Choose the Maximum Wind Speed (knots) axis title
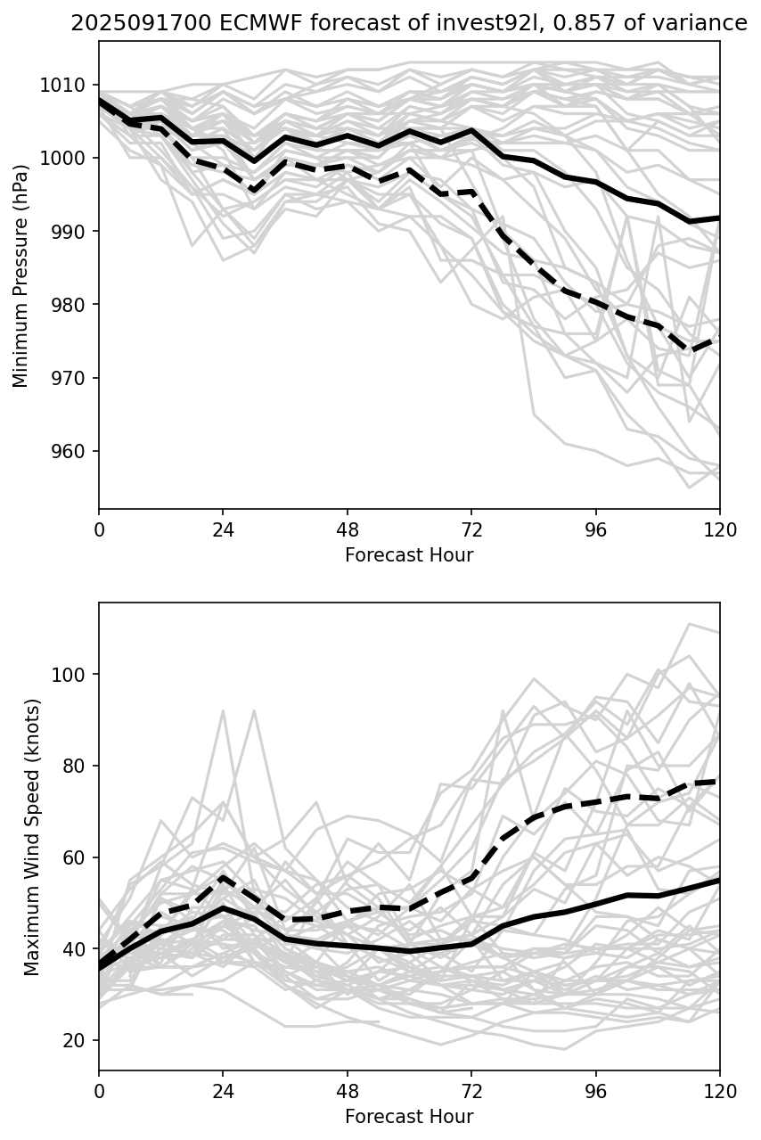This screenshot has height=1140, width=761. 31,837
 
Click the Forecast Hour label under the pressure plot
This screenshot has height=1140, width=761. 409,556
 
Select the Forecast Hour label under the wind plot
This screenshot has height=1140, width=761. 409,1117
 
